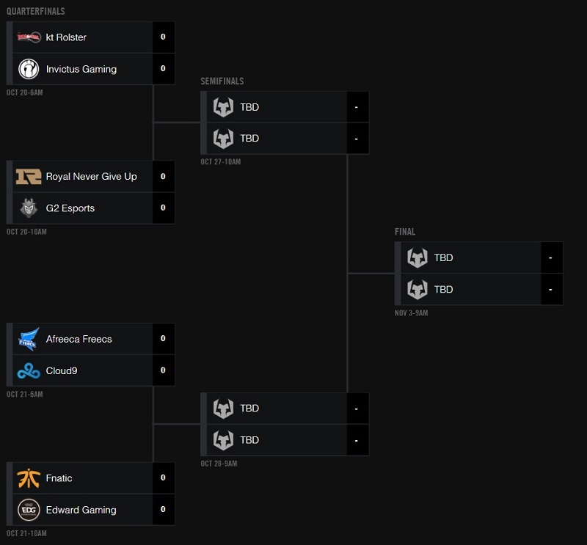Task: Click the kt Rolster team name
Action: (x=66, y=37)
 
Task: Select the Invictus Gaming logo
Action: (x=29, y=69)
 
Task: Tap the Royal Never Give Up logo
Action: (x=29, y=177)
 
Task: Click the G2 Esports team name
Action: (x=70, y=208)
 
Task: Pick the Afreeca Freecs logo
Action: (x=29, y=339)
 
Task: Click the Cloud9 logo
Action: (x=29, y=371)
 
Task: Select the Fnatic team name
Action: (x=59, y=478)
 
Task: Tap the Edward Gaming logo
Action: (x=29, y=510)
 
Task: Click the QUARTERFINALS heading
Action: (x=35, y=12)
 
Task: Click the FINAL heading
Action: (x=405, y=232)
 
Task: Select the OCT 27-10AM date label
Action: (x=221, y=162)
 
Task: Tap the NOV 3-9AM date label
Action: (x=411, y=313)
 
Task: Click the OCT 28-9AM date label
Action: (x=219, y=464)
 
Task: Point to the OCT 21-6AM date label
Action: (x=24, y=395)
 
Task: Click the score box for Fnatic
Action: (x=163, y=478)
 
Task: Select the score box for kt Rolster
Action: (x=163, y=37)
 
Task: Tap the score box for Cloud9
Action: (x=163, y=371)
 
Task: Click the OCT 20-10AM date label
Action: (x=26, y=232)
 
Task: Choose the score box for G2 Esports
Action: (x=163, y=208)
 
